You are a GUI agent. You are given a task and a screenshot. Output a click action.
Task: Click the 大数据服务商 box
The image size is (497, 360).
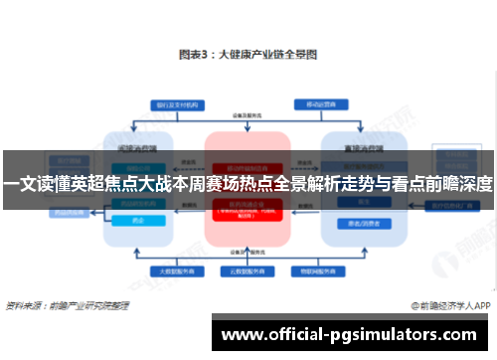coord(172,270)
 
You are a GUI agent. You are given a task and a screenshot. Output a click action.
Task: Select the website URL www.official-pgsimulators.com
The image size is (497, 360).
coord(353,331)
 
